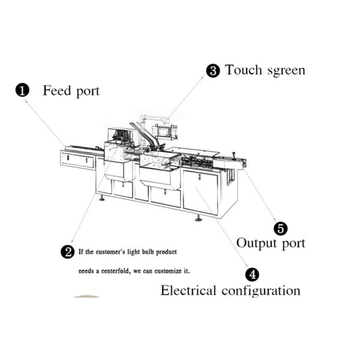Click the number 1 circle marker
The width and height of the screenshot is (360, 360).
[22, 91]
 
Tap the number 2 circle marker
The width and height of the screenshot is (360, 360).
[68, 252]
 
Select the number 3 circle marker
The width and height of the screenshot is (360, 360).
[213, 71]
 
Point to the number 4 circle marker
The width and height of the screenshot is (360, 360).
[253, 275]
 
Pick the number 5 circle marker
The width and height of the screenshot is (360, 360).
[281, 229]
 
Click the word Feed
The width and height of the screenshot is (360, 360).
[56, 91]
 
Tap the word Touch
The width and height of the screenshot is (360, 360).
[244, 70]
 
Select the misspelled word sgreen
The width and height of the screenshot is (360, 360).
[286, 71]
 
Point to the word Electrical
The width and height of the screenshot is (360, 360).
[188, 291]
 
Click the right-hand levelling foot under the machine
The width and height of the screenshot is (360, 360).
[198, 218]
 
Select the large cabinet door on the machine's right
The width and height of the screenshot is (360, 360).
[200, 190]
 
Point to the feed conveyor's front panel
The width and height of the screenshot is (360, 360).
[78, 160]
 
